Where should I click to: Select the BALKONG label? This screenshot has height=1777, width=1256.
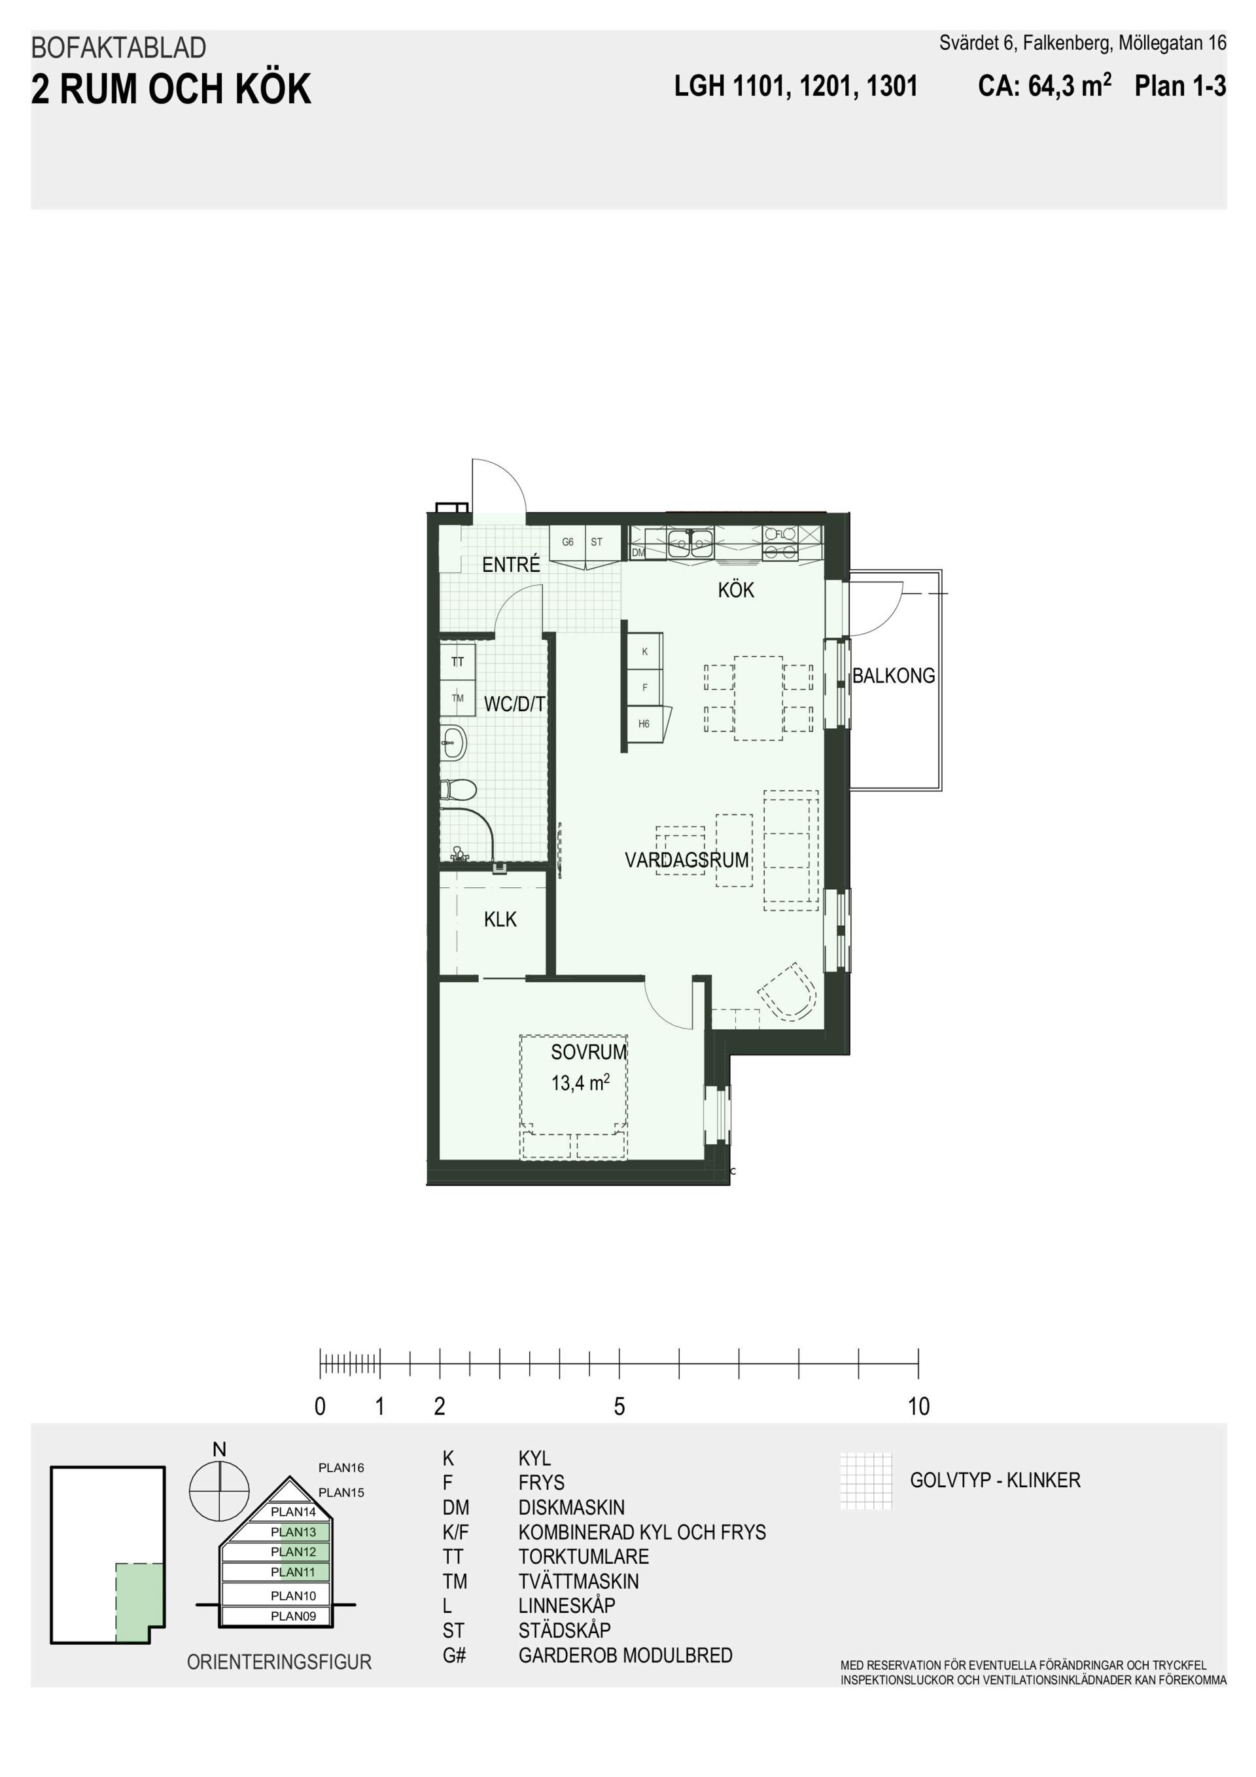click(x=893, y=676)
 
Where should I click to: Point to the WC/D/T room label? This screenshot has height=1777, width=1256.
click(x=515, y=704)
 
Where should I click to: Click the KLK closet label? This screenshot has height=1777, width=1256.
click(x=500, y=919)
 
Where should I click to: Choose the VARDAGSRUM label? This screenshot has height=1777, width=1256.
click(x=686, y=860)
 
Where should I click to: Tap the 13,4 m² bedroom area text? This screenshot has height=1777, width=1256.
click(x=580, y=1082)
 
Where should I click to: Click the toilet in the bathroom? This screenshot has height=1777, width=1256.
click(x=458, y=790)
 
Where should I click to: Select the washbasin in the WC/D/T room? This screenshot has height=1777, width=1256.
click(x=453, y=743)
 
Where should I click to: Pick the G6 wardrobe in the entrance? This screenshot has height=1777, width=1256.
click(x=568, y=542)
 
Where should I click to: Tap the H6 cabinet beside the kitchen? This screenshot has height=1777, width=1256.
click(x=644, y=724)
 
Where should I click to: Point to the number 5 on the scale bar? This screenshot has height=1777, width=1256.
click(x=619, y=1406)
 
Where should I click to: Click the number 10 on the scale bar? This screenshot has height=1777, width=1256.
click(x=918, y=1406)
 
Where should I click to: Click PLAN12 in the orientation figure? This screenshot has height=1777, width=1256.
click(x=293, y=1551)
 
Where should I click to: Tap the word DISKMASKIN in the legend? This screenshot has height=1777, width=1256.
click(x=571, y=1507)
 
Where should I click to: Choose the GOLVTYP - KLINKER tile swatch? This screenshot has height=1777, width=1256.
click(x=866, y=1481)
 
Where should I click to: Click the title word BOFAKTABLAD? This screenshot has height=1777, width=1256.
click(x=118, y=48)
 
